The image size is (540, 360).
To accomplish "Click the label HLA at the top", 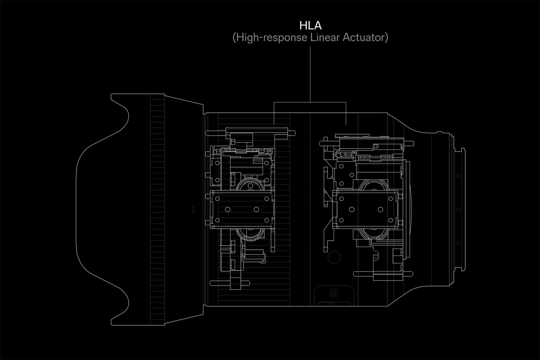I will [310, 26].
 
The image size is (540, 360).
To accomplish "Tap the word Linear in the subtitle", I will [325, 37].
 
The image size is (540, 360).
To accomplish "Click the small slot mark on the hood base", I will [193, 209].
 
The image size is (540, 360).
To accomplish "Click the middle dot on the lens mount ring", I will [458, 209].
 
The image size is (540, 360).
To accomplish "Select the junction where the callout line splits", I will [310, 102].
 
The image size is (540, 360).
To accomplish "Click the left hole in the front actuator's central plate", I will [228, 210].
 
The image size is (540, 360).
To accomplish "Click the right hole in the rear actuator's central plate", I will [380, 210].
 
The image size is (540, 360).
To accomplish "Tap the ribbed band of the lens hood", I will [157, 209].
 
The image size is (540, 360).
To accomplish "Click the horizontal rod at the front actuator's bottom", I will [230, 283].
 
